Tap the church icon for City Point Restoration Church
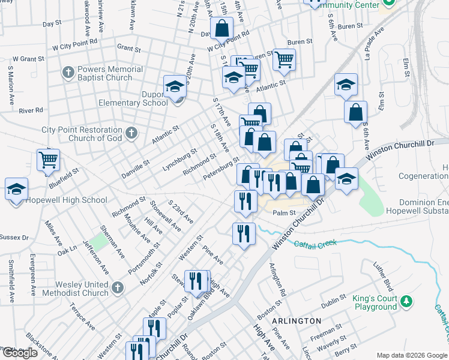pos(131,133)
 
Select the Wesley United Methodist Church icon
pos(118,288)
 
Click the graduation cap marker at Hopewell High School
pos(16,190)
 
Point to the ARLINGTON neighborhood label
pos(296,321)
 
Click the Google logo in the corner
pos(20,353)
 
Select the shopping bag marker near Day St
pos(221,28)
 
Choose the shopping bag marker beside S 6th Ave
pos(355,112)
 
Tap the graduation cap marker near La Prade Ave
pos(346,85)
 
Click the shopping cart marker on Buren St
pos(285,59)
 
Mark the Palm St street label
pos(285,212)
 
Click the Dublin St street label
pos(334,301)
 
